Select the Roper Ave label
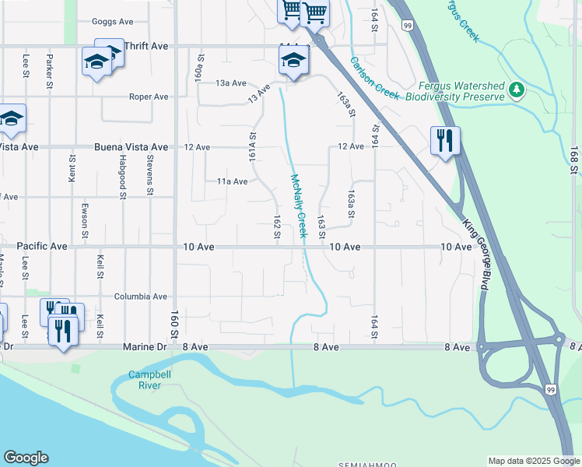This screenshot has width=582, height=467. tap(149, 97)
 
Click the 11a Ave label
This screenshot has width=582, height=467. tap(231, 181)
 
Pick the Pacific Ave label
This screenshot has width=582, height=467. tap(42, 246)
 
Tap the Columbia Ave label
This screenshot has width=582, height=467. tap(141, 297)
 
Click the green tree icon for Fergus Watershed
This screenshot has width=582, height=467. tap(517, 91)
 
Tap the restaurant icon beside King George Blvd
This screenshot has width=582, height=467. tap(445, 141)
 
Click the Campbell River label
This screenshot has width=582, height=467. tap(144, 380)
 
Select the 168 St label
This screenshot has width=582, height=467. tap(574, 159)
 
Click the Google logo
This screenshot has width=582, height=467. tap(26, 458)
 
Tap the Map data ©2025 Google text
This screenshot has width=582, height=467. tap(534, 461)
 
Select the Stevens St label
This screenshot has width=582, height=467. tap(149, 175)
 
